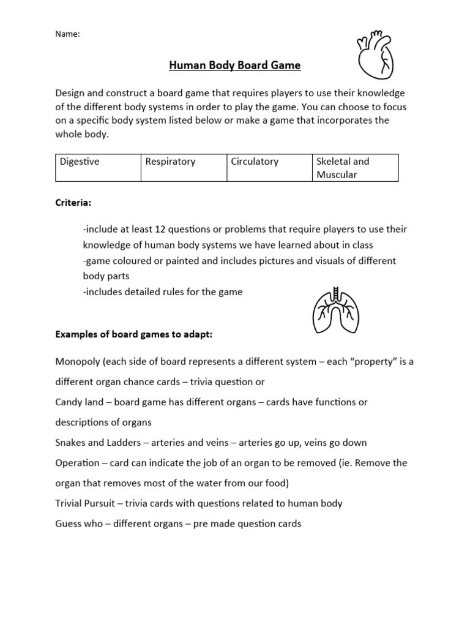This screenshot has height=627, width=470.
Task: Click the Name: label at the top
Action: pyautogui.click(x=67, y=34)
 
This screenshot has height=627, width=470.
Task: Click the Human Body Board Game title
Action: pyautogui.click(x=234, y=66)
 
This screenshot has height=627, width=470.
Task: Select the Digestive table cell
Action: pyautogui.click(x=98, y=168)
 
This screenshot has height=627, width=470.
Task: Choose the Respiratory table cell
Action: pyautogui.click(x=184, y=168)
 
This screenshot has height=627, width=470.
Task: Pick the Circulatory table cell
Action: pyautogui.click(x=269, y=168)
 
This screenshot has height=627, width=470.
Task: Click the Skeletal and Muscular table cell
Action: pyautogui.click(x=355, y=168)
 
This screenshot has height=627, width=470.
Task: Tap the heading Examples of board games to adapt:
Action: pyautogui.click(x=134, y=334)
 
